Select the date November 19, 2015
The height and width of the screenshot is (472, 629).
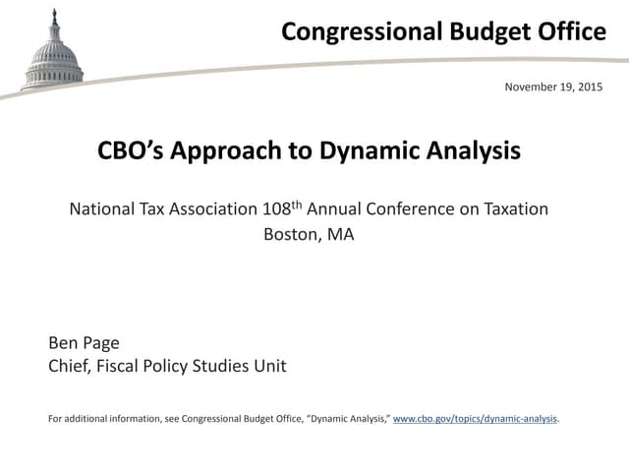tap(553, 88)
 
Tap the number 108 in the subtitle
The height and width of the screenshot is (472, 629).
tap(277, 208)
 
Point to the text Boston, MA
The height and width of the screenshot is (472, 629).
tap(309, 234)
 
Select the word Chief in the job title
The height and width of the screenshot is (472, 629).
tap(70, 367)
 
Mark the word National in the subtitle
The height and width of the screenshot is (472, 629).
tap(103, 208)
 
